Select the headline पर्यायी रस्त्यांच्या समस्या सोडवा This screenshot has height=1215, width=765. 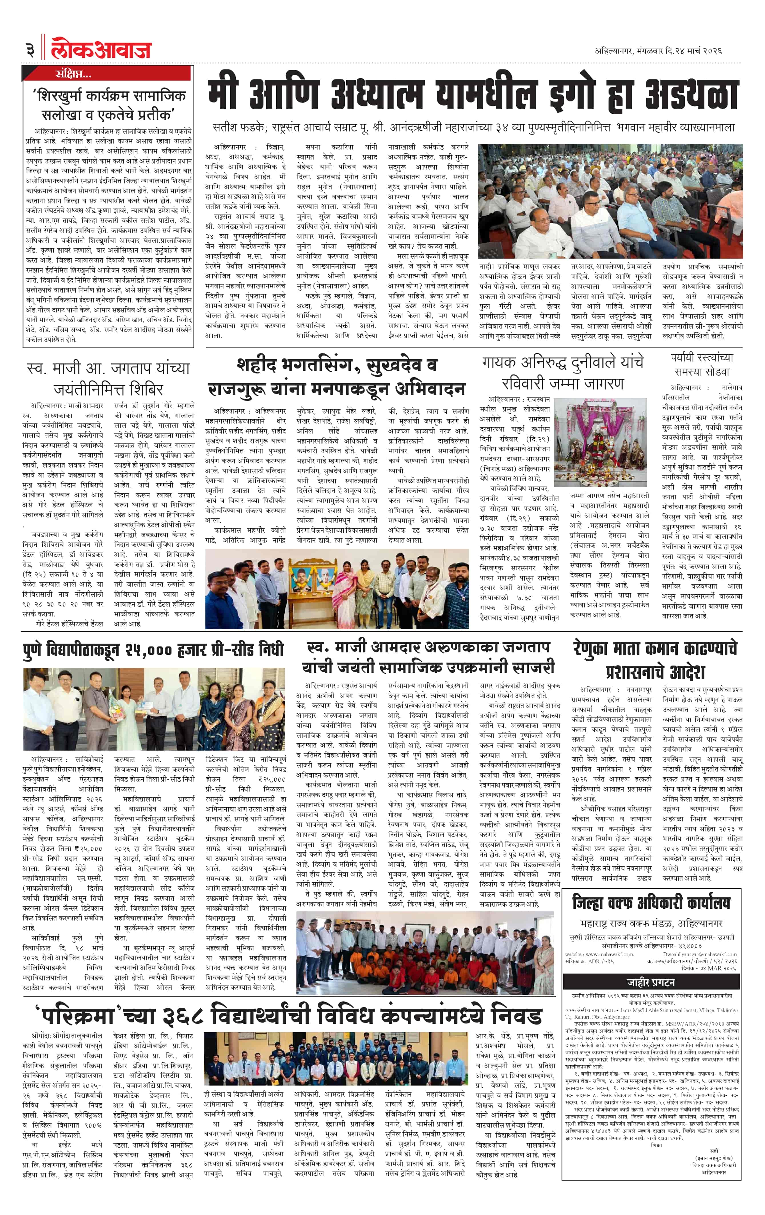[x=702, y=364]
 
